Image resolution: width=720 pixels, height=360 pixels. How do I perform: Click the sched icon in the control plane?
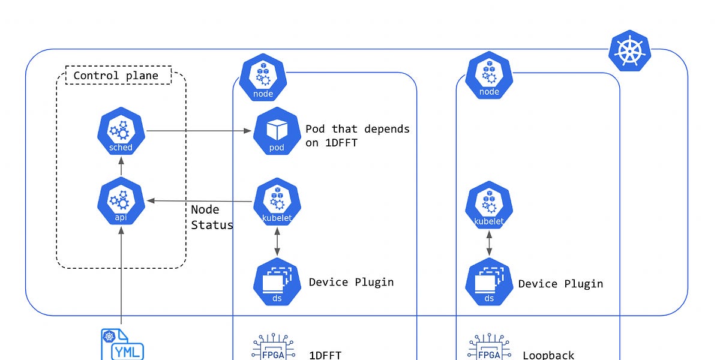tap(122, 131)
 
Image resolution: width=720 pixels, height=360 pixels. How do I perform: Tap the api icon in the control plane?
tap(122, 201)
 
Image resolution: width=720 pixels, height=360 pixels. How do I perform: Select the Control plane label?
tap(116, 76)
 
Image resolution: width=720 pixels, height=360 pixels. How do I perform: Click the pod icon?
tap(277, 131)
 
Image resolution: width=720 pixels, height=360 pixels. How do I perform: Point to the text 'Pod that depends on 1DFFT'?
tap(357, 136)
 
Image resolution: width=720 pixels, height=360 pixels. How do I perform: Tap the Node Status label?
tap(211, 217)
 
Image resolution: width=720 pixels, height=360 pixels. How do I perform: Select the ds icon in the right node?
tap(489, 282)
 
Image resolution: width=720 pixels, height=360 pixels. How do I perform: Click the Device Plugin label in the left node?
tap(351, 282)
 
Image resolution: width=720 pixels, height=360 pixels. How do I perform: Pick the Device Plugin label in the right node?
tap(560, 284)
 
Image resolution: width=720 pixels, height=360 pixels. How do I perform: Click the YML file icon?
tap(122, 344)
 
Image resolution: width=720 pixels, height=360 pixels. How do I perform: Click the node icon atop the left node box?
tap(263, 77)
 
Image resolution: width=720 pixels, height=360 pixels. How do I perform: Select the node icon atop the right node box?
tap(489, 76)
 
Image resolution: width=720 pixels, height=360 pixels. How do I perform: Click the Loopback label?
tap(548, 355)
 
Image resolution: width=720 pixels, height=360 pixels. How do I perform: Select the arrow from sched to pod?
tap(198, 131)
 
